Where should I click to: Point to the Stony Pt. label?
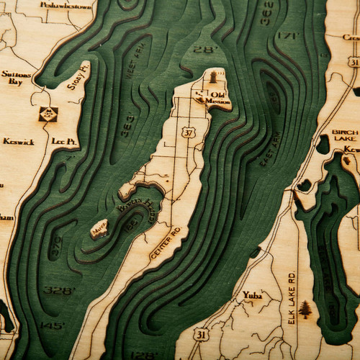[78, 78]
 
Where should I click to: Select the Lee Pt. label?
[65, 142]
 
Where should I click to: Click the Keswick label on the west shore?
[18, 142]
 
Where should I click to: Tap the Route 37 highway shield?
[189, 132]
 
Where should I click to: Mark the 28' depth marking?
[205, 50]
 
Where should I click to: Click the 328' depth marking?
[58, 290]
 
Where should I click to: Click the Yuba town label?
[252, 295]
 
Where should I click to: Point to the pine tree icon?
[305, 310]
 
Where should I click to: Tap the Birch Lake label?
[345, 137]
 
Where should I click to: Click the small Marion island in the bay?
[99, 230]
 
